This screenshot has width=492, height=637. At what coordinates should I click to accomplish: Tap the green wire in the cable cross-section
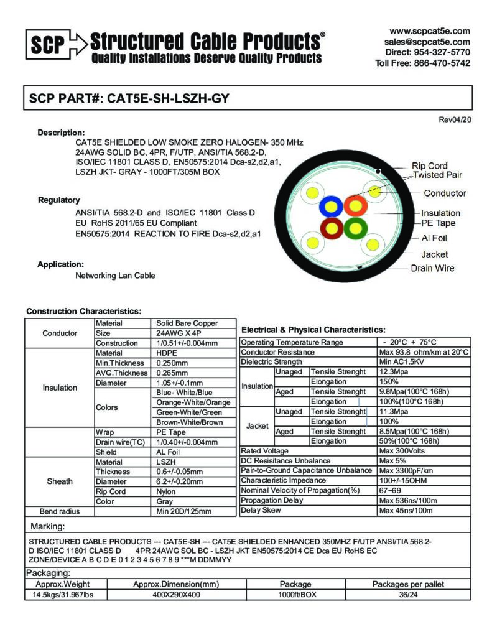[x=355, y=228]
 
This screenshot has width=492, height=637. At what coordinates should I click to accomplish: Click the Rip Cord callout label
[x=429, y=165]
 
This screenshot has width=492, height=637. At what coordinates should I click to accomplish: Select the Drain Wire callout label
[x=432, y=268]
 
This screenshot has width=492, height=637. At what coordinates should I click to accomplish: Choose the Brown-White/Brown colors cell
[x=189, y=422]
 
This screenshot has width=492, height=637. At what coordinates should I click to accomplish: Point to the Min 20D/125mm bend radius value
[x=184, y=511]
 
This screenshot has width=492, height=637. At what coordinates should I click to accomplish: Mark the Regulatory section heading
[x=59, y=200]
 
